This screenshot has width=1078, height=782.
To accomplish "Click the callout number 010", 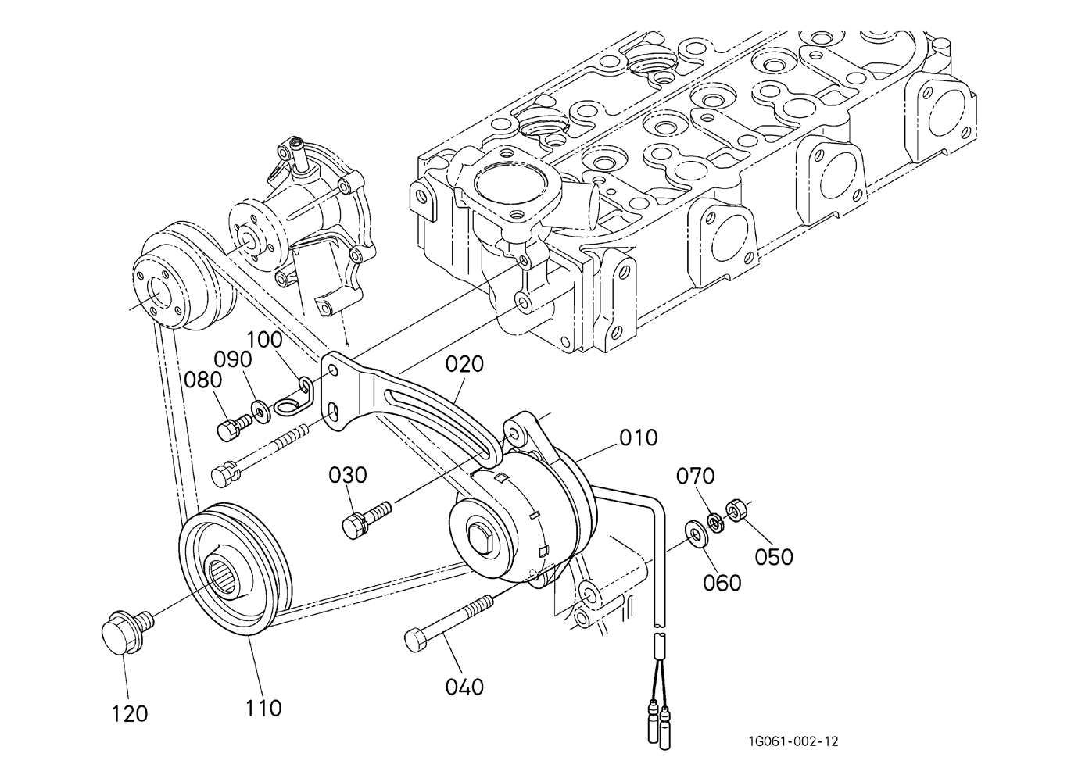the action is coord(638,438).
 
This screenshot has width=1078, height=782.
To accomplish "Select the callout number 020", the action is coord(464,364).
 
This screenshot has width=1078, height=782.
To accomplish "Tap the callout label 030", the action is coord(347,475).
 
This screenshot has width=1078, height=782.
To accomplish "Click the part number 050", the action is coord(773,557).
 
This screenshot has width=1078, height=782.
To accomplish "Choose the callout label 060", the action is coord(722,583).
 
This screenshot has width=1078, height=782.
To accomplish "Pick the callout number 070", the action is coord(695,476).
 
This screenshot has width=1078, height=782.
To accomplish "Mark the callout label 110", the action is coord(263,709).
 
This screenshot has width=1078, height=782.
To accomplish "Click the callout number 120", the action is coord(130,714).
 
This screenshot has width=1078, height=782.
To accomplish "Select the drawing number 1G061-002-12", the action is coord(793,741).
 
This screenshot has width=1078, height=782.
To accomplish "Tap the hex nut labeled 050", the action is coord(736,511).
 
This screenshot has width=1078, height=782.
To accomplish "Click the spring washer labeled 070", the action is coord(715,523).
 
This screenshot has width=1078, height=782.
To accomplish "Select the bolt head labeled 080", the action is coord(228,429).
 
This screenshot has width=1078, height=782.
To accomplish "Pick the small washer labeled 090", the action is coord(261,412).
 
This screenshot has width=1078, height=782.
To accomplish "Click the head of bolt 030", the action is coord(353,526).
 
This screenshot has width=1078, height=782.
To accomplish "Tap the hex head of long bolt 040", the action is coord(416,641).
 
